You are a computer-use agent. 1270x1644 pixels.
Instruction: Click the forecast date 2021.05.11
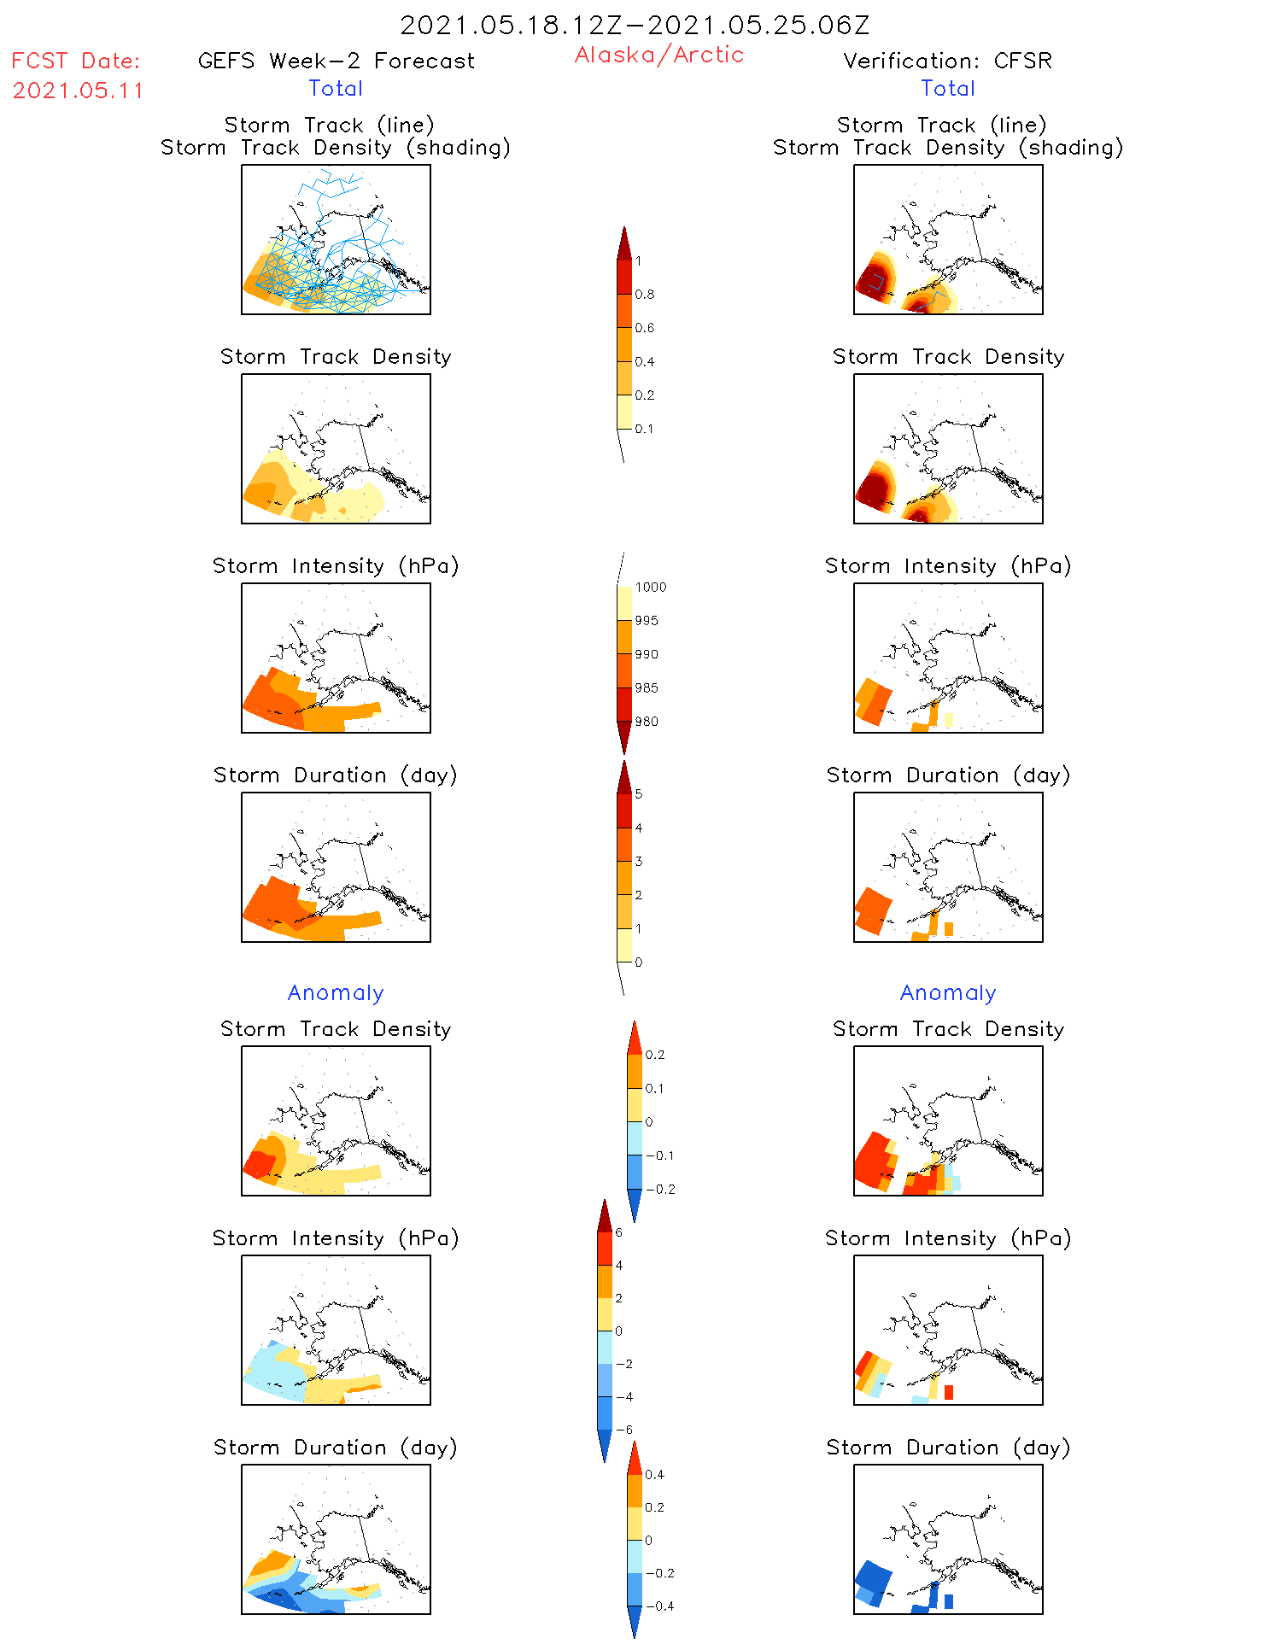pos(78,91)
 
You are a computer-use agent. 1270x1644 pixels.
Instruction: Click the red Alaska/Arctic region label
pos(658,55)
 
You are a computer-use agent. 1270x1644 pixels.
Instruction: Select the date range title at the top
pos(635,25)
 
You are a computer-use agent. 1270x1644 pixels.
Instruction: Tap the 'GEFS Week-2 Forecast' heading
pos(336,61)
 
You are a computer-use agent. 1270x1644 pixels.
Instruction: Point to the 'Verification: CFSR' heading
pos(947,61)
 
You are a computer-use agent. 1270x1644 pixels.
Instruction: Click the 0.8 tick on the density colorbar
pos(645,295)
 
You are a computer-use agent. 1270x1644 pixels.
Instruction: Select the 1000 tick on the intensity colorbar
pos(650,588)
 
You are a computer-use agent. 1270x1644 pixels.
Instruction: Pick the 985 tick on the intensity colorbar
pos(647,688)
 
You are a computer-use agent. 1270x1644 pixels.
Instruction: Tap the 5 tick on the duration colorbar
pos(638,794)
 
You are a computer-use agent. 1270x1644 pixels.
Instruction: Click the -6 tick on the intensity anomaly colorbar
pos(623,1430)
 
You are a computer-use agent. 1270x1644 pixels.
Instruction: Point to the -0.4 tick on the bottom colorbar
pos(658,1606)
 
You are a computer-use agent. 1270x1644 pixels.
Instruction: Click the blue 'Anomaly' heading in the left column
pos(336,992)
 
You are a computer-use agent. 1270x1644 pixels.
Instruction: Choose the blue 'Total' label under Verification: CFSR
pos(947,88)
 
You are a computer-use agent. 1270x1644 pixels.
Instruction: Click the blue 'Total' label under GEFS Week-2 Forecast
pos(336,88)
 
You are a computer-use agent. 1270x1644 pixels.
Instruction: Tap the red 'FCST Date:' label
pos(76,61)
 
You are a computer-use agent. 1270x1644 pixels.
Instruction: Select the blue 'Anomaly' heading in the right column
pos(948,992)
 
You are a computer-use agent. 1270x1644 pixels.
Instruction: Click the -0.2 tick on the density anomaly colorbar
pos(659,1189)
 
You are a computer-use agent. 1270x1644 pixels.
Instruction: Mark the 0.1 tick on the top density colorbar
pos(644,429)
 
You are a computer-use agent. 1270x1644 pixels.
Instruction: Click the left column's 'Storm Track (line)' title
pos(329,125)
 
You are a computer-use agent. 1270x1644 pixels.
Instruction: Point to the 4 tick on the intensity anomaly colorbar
pos(619,1265)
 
